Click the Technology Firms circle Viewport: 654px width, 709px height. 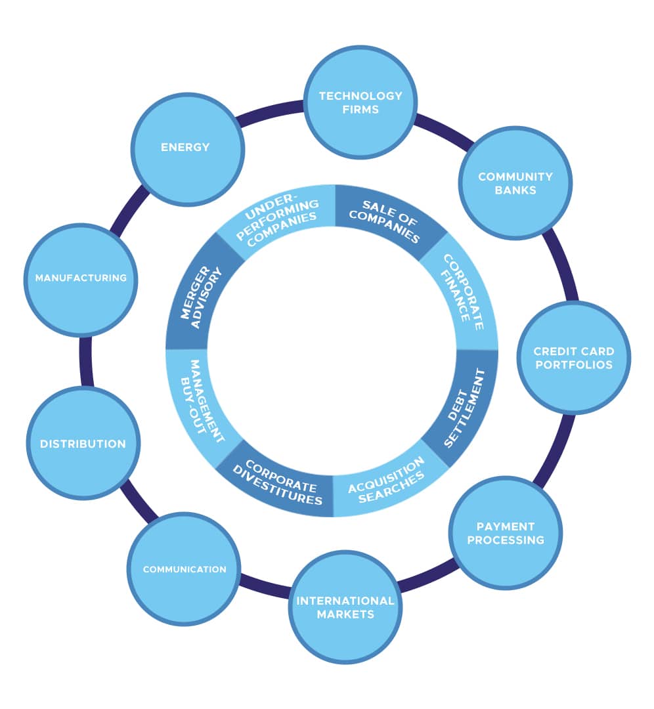360,102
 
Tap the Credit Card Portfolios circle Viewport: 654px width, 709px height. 573,358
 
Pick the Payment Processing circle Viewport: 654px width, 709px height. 506,532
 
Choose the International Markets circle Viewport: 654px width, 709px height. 345,607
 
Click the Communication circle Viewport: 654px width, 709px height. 185,569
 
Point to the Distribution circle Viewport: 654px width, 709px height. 83,444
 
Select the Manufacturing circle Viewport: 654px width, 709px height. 81,278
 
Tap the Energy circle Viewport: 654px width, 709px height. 186,148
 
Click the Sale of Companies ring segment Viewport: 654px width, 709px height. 387,221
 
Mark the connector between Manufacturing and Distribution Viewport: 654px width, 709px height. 85,361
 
